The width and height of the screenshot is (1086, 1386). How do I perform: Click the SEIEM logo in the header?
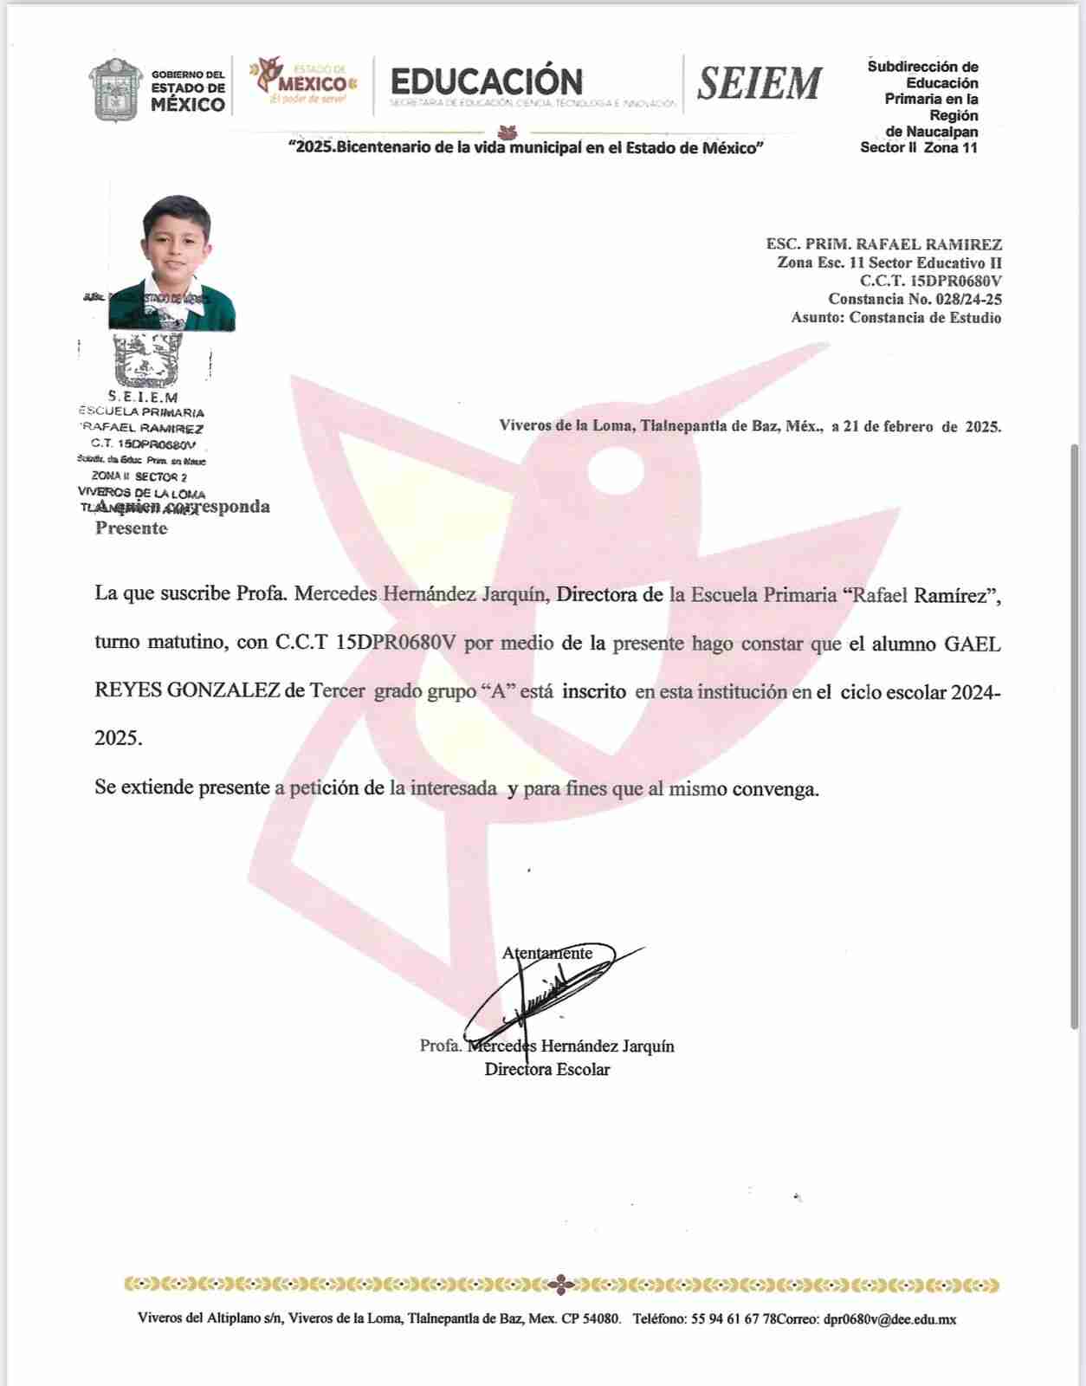(760, 84)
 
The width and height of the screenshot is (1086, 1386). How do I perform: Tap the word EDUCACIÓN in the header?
(487, 81)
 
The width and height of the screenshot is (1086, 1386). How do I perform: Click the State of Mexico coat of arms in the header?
(116, 90)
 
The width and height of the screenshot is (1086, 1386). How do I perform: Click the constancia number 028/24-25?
(968, 300)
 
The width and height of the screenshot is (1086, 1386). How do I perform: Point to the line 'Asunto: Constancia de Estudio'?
(895, 318)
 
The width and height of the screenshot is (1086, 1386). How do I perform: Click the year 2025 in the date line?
(983, 427)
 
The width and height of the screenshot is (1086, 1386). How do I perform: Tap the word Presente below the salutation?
(131, 528)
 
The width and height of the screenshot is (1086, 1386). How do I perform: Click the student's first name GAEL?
(972, 644)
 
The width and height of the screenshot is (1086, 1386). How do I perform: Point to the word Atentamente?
(547, 954)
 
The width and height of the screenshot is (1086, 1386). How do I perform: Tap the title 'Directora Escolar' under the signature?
(547, 1070)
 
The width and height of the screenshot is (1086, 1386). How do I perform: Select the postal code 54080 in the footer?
(601, 1319)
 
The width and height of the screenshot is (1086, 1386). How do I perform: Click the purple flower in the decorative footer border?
(561, 1285)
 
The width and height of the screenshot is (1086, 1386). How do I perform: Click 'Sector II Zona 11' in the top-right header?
(918, 148)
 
